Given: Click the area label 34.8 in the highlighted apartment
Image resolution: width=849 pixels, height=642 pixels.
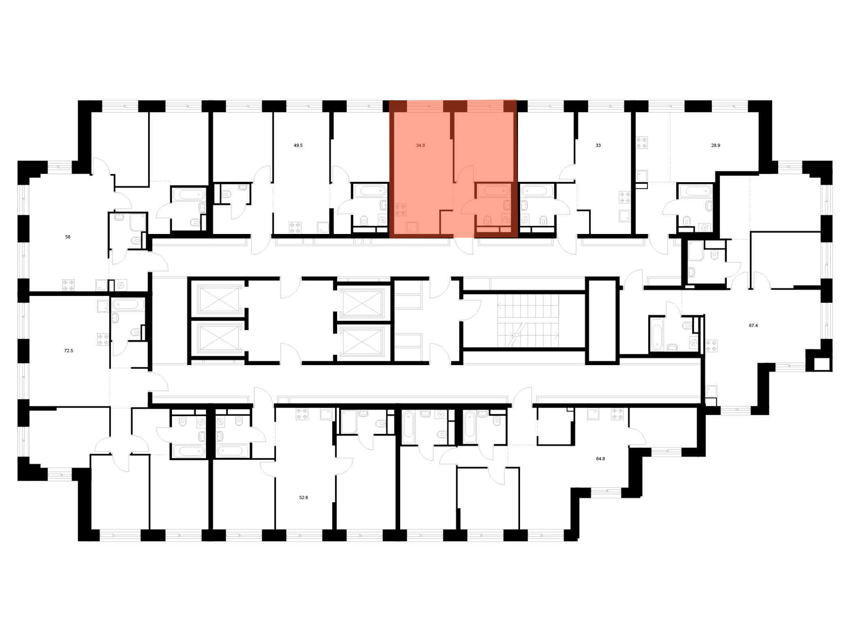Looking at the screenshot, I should [x=420, y=145].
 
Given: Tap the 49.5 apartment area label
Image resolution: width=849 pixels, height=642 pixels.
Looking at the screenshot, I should [x=298, y=145].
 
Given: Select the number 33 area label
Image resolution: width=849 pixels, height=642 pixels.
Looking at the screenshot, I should [x=598, y=145].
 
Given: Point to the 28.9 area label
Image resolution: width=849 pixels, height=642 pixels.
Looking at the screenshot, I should [x=716, y=145].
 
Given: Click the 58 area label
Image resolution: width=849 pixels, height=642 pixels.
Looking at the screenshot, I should [x=68, y=237].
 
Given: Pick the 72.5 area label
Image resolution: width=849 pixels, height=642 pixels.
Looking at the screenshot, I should [x=68, y=351].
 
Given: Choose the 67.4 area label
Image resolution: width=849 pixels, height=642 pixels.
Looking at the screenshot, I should [x=753, y=326].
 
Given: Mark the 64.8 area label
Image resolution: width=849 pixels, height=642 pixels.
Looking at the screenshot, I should [x=600, y=459].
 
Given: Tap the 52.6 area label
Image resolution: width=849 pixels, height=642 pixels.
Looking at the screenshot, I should [x=304, y=498].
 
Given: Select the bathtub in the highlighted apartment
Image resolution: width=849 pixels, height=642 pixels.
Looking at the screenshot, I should [x=493, y=191].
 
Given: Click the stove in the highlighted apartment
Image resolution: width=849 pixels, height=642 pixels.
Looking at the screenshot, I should [x=400, y=209].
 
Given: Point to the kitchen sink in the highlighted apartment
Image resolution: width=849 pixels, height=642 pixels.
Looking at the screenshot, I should [x=412, y=228].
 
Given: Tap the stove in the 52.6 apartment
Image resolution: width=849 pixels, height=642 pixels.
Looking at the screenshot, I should [x=302, y=414].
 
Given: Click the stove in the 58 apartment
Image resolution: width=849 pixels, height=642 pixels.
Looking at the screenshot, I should [x=68, y=284].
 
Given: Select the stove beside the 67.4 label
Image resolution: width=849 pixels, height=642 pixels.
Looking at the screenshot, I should [x=711, y=346].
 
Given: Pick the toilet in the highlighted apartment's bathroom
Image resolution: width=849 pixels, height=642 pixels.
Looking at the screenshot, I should [x=488, y=220].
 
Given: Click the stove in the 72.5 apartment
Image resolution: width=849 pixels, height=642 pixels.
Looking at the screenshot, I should [x=103, y=339].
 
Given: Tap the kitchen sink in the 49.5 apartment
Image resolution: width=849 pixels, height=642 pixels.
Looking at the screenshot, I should [x=323, y=228].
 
